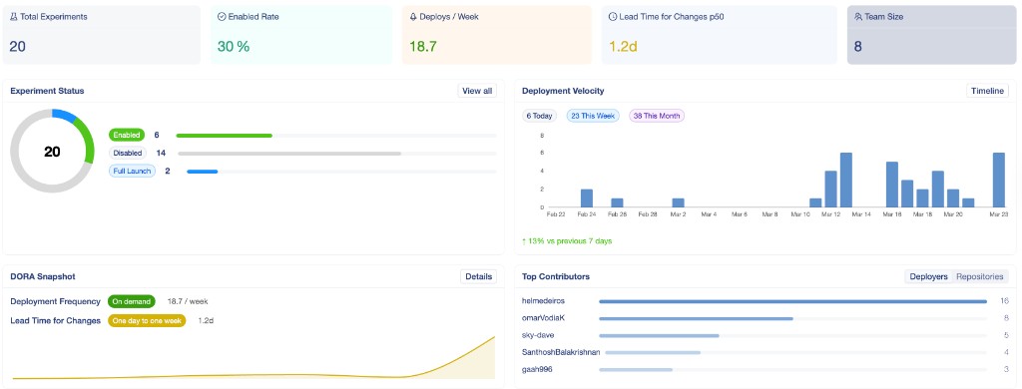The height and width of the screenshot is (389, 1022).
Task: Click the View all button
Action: coord(477,91)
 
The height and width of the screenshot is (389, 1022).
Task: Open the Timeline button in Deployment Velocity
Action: coord(988,91)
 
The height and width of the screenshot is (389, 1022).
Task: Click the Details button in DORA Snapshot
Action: coord(478,276)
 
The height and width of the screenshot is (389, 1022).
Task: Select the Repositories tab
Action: coord(980,276)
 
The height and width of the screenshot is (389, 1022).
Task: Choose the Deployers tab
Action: coord(928,276)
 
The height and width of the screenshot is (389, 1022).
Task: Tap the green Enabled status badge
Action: coord(127,135)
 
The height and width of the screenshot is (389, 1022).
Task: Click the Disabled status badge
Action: coord(127,153)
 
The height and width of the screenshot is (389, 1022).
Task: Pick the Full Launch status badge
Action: coord(132,171)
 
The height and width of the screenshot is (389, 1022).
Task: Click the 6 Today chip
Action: coord(540,116)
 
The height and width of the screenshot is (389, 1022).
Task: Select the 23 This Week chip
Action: coord(593,116)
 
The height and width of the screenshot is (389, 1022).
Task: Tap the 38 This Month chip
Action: coord(657,116)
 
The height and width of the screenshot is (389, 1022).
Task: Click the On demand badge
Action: coord(133,301)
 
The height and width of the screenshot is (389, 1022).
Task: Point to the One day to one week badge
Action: coord(147,320)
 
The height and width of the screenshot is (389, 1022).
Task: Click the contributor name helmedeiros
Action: coord(545,300)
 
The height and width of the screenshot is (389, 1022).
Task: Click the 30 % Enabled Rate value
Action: coord(234,46)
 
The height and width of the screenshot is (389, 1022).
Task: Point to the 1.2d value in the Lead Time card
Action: coord(624,46)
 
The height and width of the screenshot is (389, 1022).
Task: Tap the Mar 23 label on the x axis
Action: coord(999,213)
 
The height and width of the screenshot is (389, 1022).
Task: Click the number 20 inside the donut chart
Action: coord(52,152)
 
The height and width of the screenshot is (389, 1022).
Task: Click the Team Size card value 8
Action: coord(858,46)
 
